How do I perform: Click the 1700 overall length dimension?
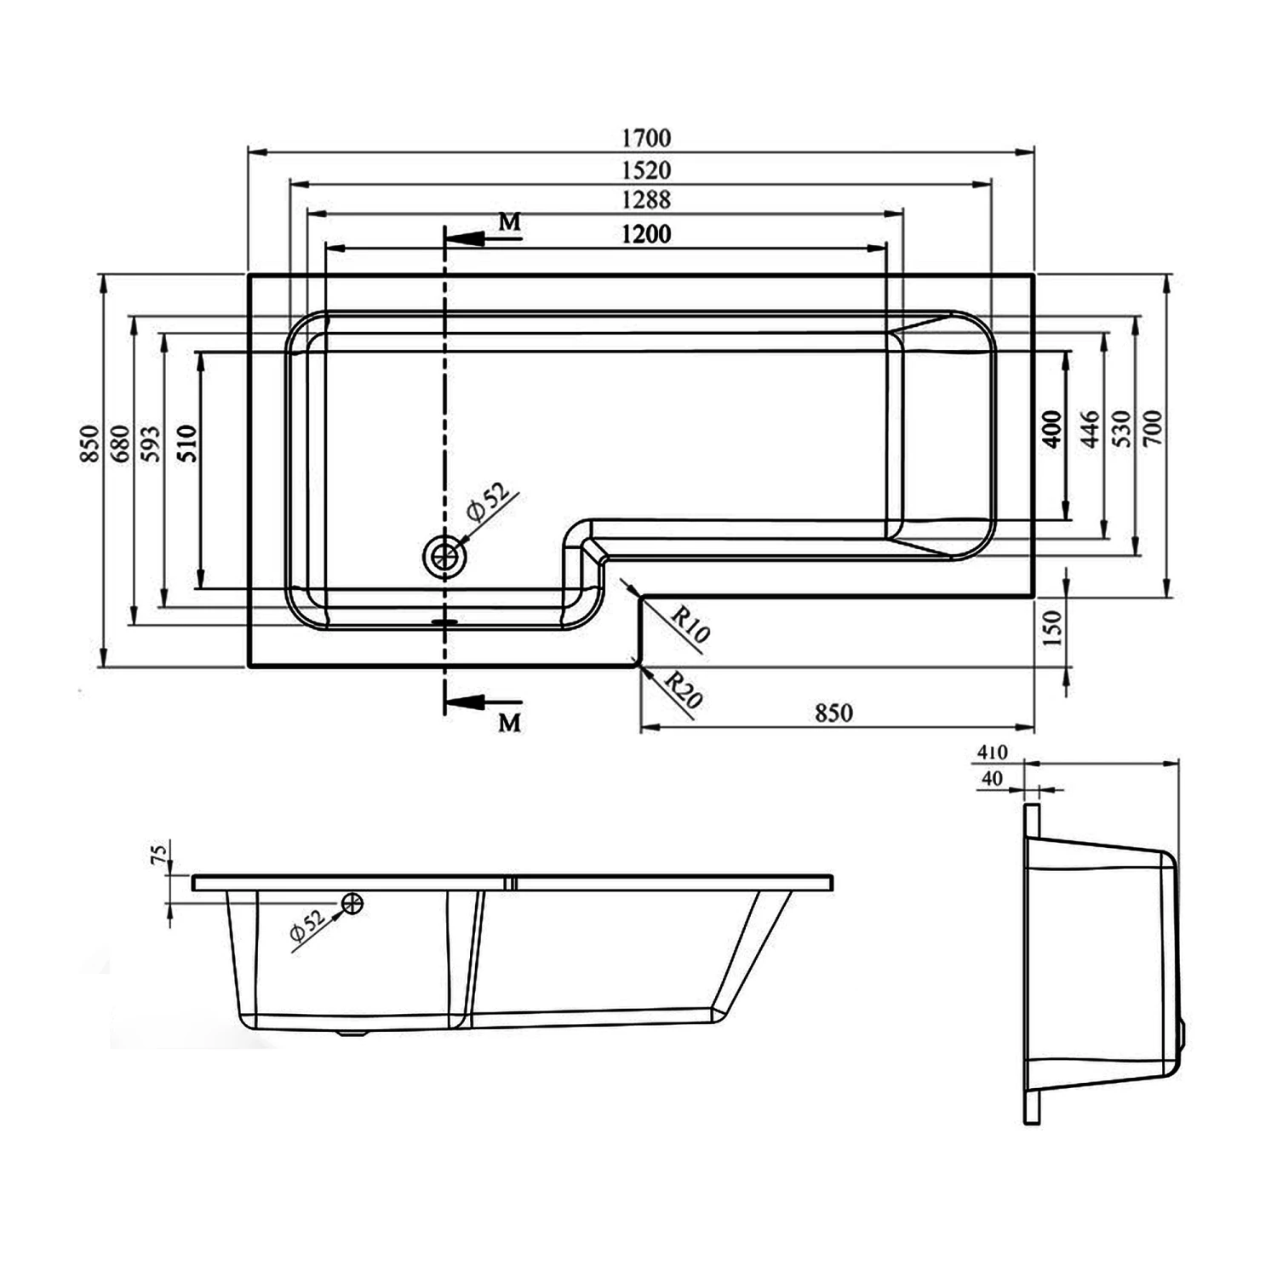[x=646, y=137]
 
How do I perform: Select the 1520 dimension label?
[x=646, y=169]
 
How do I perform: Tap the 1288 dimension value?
[x=646, y=200]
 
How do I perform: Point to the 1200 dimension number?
[x=646, y=232]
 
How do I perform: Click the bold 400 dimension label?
[x=1052, y=430]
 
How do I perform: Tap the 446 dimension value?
[x=1090, y=430]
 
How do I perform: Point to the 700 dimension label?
[x=1154, y=430]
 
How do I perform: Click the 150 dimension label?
[x=1053, y=628]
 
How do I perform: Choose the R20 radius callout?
[x=683, y=690]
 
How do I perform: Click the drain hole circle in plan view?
[x=444, y=558]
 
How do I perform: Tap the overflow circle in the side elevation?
[x=352, y=904]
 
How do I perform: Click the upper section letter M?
[x=509, y=222]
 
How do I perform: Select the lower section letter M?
[x=509, y=724]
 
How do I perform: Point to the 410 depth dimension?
[x=993, y=753]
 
